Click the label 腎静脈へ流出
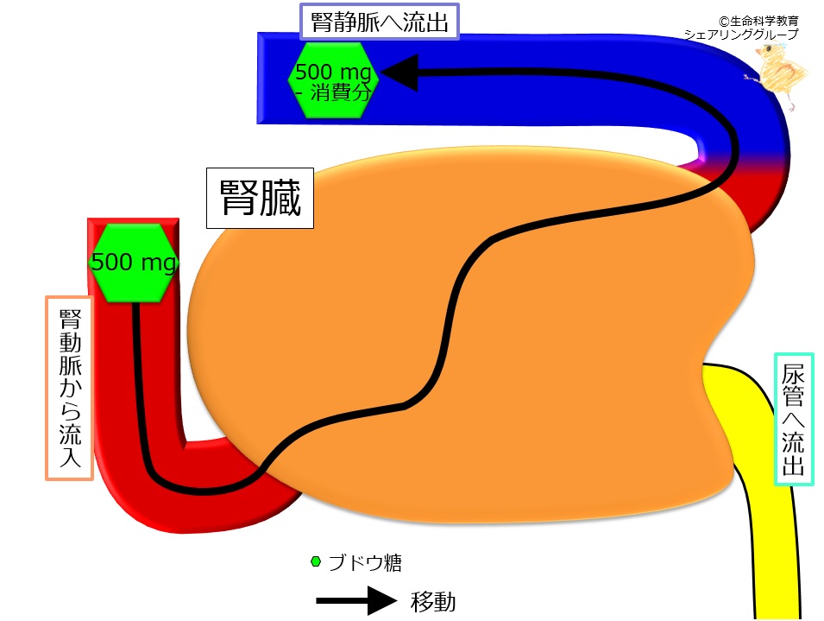[x=379, y=22]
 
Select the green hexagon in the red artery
[x=134, y=263]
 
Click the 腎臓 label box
[x=259, y=200]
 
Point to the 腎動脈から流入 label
[x=69, y=388]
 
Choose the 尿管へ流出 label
[x=794, y=418]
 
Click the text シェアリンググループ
[x=741, y=35]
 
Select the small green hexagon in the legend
[x=316, y=562]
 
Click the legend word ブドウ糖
[x=367, y=563]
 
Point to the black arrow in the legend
[x=354, y=600]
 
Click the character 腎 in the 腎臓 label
[x=237, y=200]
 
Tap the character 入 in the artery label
[x=70, y=462]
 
